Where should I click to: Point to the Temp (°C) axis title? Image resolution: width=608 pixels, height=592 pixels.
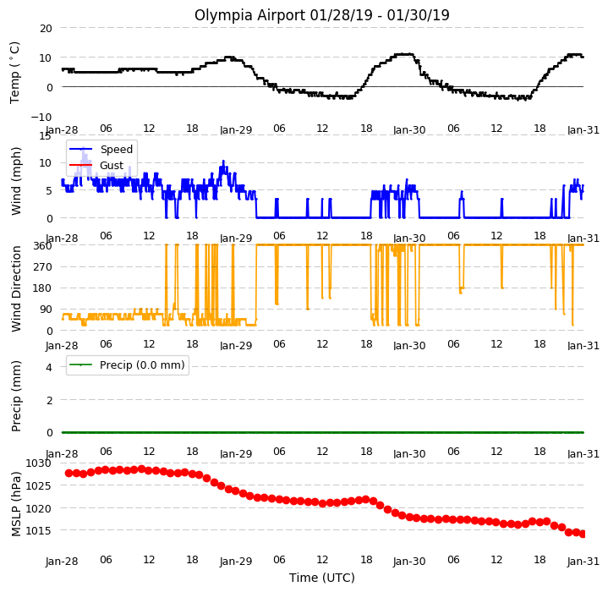(x=14, y=73)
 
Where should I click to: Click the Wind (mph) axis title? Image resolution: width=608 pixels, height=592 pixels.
(x=15, y=181)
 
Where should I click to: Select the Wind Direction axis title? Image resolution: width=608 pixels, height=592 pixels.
(x=15, y=288)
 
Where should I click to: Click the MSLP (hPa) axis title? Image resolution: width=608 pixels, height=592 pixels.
(x=15, y=504)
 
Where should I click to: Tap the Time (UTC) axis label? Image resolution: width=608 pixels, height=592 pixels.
(x=322, y=578)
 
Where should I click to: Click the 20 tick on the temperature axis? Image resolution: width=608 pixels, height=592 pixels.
(x=46, y=28)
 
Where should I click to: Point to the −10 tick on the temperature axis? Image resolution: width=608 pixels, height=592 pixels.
(x=41, y=117)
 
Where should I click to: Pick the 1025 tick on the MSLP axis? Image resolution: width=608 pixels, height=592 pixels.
(x=38, y=485)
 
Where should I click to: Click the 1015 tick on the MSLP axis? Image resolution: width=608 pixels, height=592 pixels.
(x=38, y=530)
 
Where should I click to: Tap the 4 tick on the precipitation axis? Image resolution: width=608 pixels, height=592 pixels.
(x=49, y=367)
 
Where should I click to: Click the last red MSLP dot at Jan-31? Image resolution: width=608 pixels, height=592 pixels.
(x=583, y=534)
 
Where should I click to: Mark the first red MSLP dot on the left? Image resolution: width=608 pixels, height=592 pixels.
(x=69, y=473)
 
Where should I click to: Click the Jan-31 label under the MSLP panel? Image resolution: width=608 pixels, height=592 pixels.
(x=583, y=561)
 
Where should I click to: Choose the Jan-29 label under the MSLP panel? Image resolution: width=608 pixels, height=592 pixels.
(x=236, y=561)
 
